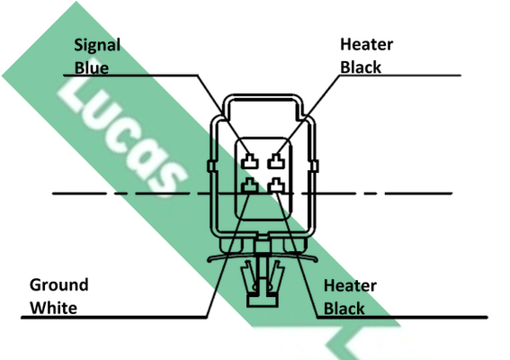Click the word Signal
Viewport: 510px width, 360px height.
pos(97,46)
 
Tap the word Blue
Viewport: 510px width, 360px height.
pos(92,67)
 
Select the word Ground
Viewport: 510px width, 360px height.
pos(58,285)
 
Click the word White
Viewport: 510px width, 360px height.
pos(54,308)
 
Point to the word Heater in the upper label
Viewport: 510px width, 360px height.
pos(367,44)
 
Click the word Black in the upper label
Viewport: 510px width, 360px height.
pos(361,67)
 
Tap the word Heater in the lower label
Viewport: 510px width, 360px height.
pos(350,286)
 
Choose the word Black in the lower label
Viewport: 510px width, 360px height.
pos(344,309)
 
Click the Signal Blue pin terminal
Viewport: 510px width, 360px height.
pos(250,161)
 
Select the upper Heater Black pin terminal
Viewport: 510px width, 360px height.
pos(276,161)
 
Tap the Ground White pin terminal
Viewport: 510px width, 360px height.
pos(250,185)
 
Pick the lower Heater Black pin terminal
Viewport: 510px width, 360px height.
pos(276,185)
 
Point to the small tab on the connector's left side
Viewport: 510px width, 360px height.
pos(211,166)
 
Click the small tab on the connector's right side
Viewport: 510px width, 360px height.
pos(315,166)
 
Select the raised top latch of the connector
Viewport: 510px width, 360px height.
pos(263,97)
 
